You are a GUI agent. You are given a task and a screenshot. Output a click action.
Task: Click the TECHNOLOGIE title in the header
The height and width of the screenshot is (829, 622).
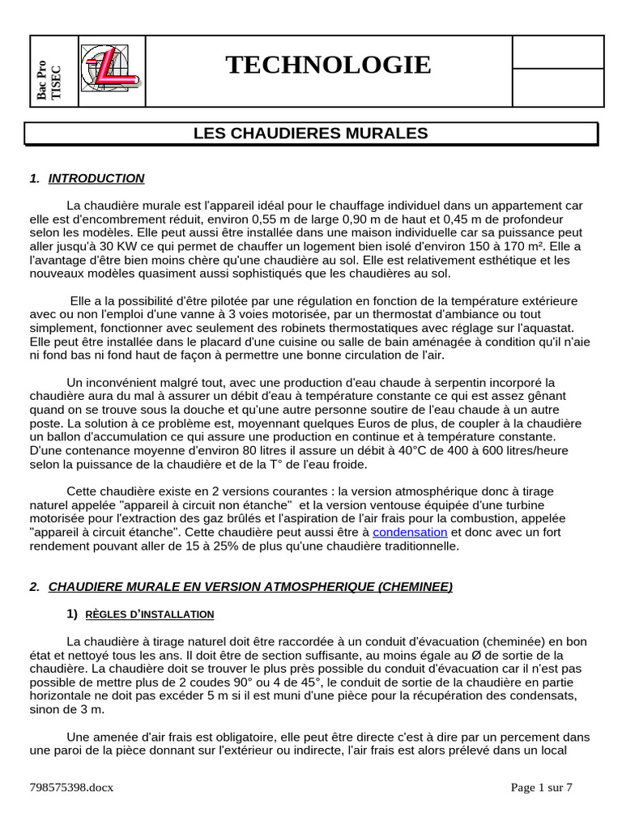328,65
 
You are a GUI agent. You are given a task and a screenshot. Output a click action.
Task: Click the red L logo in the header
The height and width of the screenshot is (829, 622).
111,70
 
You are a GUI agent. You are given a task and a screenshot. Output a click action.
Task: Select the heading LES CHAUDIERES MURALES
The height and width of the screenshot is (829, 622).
310,133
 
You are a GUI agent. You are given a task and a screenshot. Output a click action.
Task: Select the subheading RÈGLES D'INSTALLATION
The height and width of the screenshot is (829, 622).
149,614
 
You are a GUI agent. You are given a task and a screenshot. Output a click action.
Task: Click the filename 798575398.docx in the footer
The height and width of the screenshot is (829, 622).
71,788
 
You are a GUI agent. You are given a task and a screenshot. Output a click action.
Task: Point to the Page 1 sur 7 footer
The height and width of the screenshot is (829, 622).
541,788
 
